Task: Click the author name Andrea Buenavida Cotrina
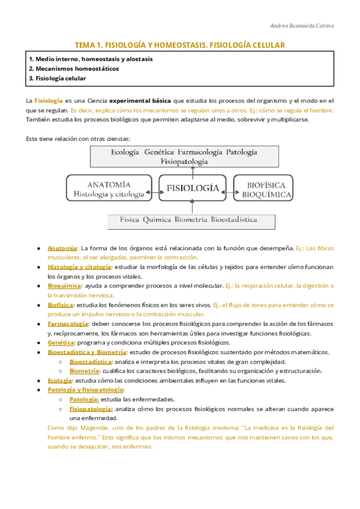pyautogui.click(x=303, y=25)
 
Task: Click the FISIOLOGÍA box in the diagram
pyautogui.click(x=192, y=188)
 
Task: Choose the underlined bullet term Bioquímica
pyautogui.click(x=64, y=286)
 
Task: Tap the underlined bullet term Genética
pyautogui.click(x=61, y=342)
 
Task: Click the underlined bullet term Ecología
pyautogui.click(x=60, y=381)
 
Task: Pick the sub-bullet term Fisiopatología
pyautogui.click(x=92, y=409)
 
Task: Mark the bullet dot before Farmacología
pyautogui.click(x=38, y=324)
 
